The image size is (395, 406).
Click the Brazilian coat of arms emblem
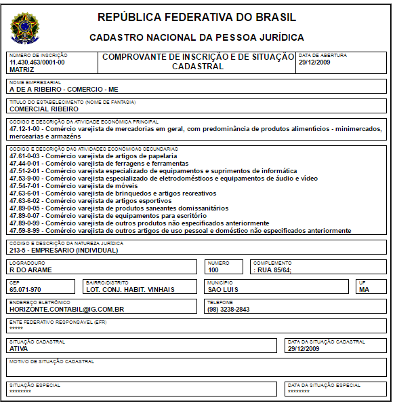[25, 28]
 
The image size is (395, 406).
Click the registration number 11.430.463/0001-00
[37, 62]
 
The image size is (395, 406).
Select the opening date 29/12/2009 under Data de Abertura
[314, 62]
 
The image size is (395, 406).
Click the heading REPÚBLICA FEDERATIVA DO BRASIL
[196, 17]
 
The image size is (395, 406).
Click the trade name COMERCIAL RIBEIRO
[44, 109]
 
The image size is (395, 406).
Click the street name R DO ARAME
[30, 270]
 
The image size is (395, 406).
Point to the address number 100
[214, 270]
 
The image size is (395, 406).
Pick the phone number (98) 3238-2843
[228, 309]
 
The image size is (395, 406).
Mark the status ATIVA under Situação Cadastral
[19, 348]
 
